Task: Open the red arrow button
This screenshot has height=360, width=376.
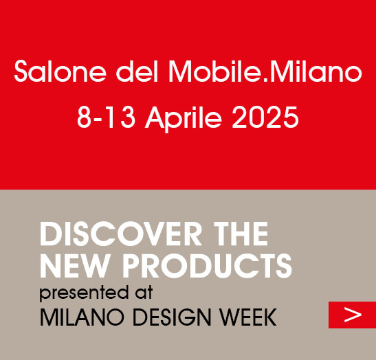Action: click(352, 315)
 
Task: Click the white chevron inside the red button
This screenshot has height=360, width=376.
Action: click(353, 315)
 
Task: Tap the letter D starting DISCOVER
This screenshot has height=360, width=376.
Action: click(49, 235)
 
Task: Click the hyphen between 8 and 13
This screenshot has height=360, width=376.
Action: click(93, 120)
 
